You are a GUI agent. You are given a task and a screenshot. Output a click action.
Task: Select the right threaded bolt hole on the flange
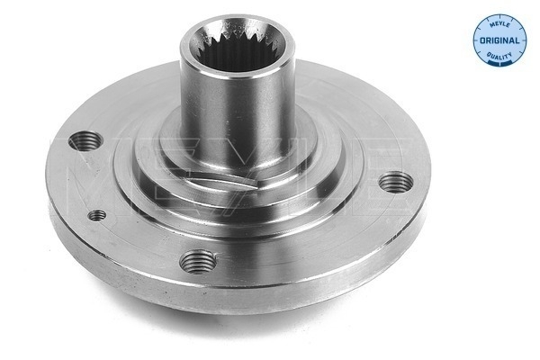pos(393,184)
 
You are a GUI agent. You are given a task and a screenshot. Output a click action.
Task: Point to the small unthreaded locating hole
pos(97,215)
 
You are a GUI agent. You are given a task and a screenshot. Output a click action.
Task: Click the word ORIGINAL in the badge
pos(499,41)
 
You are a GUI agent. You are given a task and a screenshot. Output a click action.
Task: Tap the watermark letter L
pos(310,166)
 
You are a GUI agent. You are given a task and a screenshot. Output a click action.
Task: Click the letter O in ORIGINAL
pos(482,41)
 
